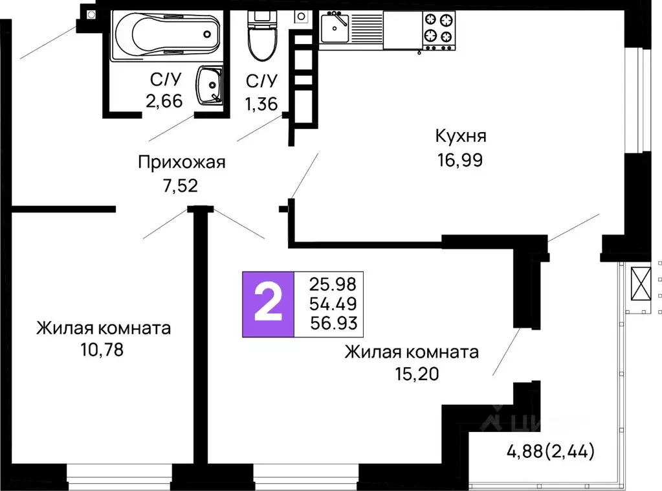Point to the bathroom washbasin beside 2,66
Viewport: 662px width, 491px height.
click(210, 86)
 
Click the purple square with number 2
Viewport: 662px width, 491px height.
click(267, 304)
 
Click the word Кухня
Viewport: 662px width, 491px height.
click(460, 137)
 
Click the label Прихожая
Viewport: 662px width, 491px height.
click(182, 162)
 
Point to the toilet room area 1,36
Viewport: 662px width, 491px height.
click(261, 103)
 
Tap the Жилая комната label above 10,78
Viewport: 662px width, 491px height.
click(104, 328)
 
